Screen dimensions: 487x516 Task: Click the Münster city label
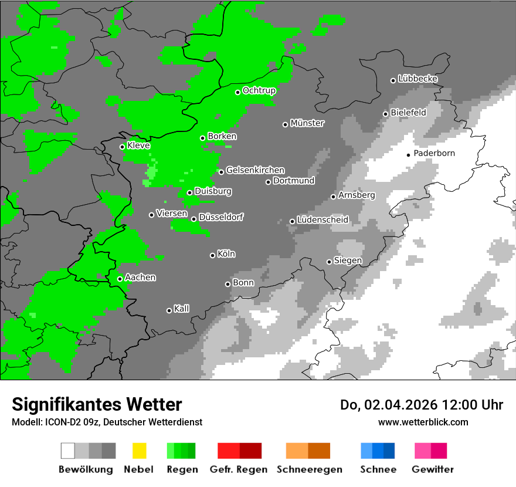[307, 123]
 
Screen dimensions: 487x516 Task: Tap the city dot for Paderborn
[409, 155]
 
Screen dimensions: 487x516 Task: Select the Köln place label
[226, 254]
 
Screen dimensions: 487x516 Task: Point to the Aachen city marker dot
[120, 279]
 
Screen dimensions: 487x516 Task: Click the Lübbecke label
[418, 79]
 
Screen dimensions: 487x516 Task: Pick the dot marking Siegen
[330, 262]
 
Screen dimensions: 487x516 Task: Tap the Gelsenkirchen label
[256, 170]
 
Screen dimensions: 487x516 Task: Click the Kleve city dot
[123, 147]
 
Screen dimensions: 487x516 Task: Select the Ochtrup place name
[259, 90]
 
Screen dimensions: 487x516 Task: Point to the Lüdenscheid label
[323, 220]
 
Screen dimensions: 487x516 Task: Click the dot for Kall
[169, 310]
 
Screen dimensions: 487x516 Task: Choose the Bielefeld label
[409, 113]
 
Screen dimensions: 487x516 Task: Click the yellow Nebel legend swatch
[140, 451]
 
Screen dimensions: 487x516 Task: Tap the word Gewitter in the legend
[433, 469]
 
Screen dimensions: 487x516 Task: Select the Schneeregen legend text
[310, 469]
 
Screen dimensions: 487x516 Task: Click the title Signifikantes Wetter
[97, 405]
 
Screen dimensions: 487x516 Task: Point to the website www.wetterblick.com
[423, 422]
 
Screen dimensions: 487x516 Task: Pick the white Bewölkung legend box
[68, 451]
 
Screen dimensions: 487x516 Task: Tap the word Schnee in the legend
[378, 469]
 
